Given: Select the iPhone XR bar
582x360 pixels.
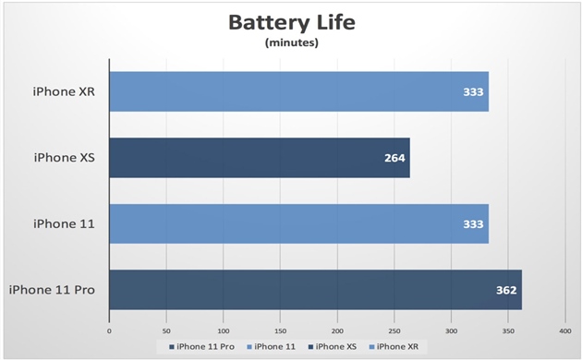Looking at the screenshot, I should pos(298,91).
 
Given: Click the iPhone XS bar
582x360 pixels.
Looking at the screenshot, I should pos(259,158).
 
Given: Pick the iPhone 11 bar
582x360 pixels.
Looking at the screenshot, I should pos(298,224).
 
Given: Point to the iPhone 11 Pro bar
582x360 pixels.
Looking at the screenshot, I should pos(315,290).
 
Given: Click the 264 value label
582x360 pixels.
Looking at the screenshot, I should pos(394,158).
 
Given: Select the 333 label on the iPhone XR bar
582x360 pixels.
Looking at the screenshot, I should pos(473,91).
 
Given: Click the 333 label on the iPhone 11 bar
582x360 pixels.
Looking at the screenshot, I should pos(473,224).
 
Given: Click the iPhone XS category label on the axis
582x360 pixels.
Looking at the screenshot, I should pos(67,158).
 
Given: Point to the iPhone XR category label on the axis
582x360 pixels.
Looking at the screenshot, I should pos(67,91).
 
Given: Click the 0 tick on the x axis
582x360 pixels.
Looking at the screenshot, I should pos(109,330).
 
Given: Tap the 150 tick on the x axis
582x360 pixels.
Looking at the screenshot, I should pos(280,330).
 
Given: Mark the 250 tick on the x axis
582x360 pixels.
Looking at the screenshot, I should pos(394,330).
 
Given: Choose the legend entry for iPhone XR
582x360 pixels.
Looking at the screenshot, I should pos(394,346).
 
